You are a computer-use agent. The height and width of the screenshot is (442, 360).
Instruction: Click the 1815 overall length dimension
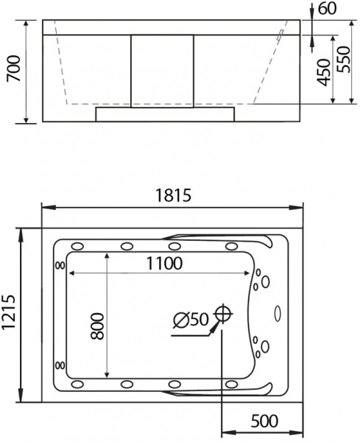click(x=174, y=196)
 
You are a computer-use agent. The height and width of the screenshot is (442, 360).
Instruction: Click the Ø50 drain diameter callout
click(x=190, y=320)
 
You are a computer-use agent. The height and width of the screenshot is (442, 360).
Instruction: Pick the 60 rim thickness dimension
click(x=328, y=9)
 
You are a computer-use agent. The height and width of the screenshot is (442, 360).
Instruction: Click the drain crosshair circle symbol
click(x=223, y=317)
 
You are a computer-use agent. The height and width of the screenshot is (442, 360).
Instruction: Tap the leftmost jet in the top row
click(x=77, y=246)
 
